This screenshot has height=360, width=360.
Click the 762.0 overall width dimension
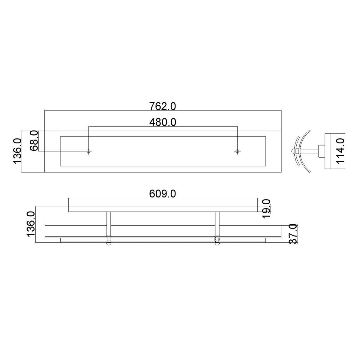coord(162,106)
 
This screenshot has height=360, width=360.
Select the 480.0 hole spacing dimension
coord(162,122)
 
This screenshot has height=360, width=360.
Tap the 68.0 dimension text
coord(34,141)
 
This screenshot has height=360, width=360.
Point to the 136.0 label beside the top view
coord(17,151)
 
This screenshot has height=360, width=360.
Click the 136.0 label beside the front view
coord(31,224)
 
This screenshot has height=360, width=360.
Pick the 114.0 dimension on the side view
coord(340,151)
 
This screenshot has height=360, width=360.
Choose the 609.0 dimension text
coord(162,194)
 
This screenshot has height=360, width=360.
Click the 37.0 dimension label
coord(293,234)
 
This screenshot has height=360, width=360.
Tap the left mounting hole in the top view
coord(88,151)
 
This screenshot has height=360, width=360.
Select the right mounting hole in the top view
coord(237,151)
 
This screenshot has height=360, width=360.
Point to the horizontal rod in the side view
coord(309,151)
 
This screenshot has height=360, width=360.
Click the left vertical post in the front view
coord(109,223)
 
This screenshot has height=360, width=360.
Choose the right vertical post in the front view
coord(217,223)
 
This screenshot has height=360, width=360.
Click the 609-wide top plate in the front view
coord(162,209)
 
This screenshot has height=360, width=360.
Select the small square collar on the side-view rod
coord(321,151)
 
